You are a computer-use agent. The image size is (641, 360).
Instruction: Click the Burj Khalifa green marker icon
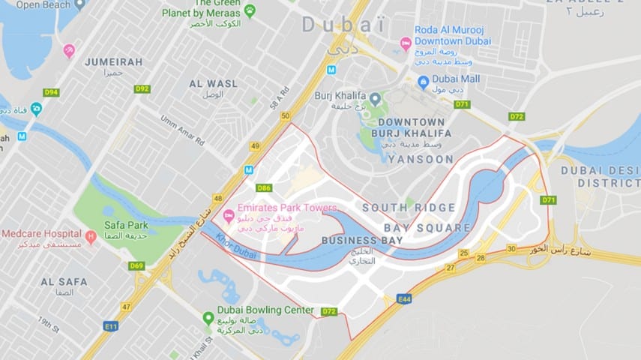(x=375, y=99)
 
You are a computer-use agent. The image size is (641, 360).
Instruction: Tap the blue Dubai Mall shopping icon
(x=424, y=81)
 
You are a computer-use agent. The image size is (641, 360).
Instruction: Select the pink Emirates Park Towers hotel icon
(x=228, y=217)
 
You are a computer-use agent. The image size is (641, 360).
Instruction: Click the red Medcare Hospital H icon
(x=91, y=237)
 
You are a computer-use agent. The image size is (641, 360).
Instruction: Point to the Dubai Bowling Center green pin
(x=208, y=318)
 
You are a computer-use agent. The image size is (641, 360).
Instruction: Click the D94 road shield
(x=51, y=92)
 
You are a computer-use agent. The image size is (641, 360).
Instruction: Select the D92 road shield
(x=142, y=88)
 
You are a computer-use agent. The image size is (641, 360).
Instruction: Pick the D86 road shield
(x=264, y=187)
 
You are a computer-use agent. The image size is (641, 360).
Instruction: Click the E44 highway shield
(x=404, y=298)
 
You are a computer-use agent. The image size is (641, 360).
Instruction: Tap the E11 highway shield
(x=112, y=326)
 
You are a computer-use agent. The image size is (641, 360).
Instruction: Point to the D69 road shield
(x=136, y=265)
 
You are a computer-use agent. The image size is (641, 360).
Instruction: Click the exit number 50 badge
(x=284, y=115)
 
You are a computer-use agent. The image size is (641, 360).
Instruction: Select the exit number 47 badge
(x=125, y=306)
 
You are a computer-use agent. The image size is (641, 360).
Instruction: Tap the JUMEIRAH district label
(x=113, y=61)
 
